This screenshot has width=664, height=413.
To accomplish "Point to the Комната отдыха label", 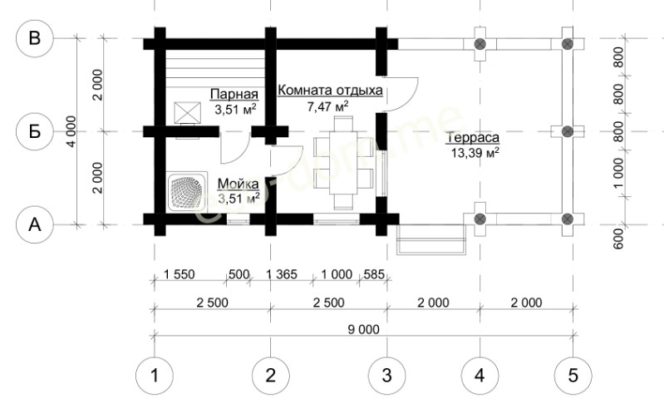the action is coord(330,91).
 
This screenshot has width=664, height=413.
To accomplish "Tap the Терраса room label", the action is coord(473,138).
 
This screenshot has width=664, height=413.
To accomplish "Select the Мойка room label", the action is coord(238,184).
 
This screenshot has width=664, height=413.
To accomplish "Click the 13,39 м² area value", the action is coord(475,153).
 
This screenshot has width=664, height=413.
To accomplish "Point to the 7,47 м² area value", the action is coord(327,106).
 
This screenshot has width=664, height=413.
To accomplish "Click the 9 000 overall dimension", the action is coord(364,330).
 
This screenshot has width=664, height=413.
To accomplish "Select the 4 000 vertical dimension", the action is coord(71,131).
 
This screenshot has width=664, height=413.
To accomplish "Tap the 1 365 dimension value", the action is coord(282,274).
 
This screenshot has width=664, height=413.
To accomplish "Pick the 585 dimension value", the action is coord(374,274).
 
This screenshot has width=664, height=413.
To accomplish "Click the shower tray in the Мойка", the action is coord(187,191).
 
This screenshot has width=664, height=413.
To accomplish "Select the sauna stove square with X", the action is coord(188,113).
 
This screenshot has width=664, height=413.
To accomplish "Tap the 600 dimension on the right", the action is coord(618,238).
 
